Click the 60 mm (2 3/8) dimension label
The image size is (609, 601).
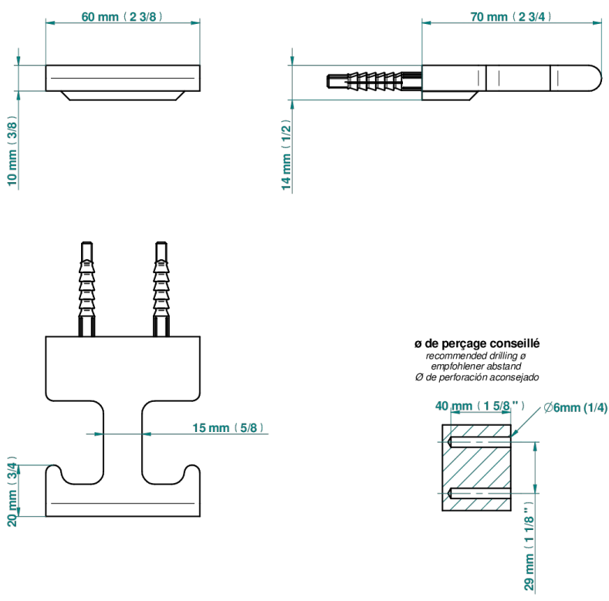[122, 17]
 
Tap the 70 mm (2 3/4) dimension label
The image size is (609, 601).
[511, 17]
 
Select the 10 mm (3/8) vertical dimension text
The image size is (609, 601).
[12, 150]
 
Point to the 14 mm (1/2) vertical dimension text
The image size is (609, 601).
[286, 155]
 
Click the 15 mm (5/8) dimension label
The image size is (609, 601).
[228, 427]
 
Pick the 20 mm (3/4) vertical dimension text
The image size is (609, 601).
[12, 491]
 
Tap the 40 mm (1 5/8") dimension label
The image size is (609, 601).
[480, 406]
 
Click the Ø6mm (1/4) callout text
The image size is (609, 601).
[576, 407]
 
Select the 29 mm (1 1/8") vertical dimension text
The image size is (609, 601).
[529, 545]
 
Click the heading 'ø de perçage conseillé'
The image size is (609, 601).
[477, 343]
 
